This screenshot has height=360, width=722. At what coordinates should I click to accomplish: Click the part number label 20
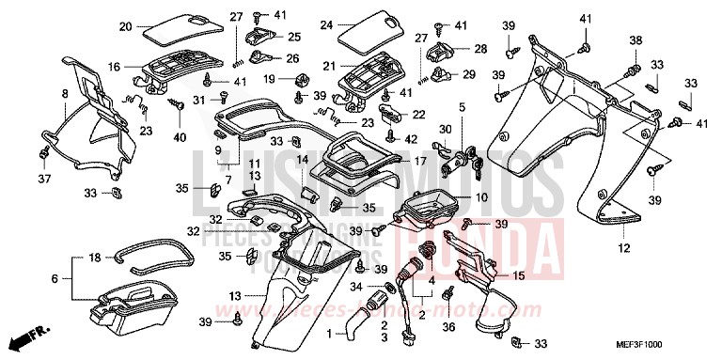125,26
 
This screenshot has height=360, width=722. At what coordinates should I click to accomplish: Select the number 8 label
65,93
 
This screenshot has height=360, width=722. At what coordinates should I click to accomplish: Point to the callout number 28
480,49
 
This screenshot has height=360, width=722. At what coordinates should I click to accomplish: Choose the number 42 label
411,138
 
